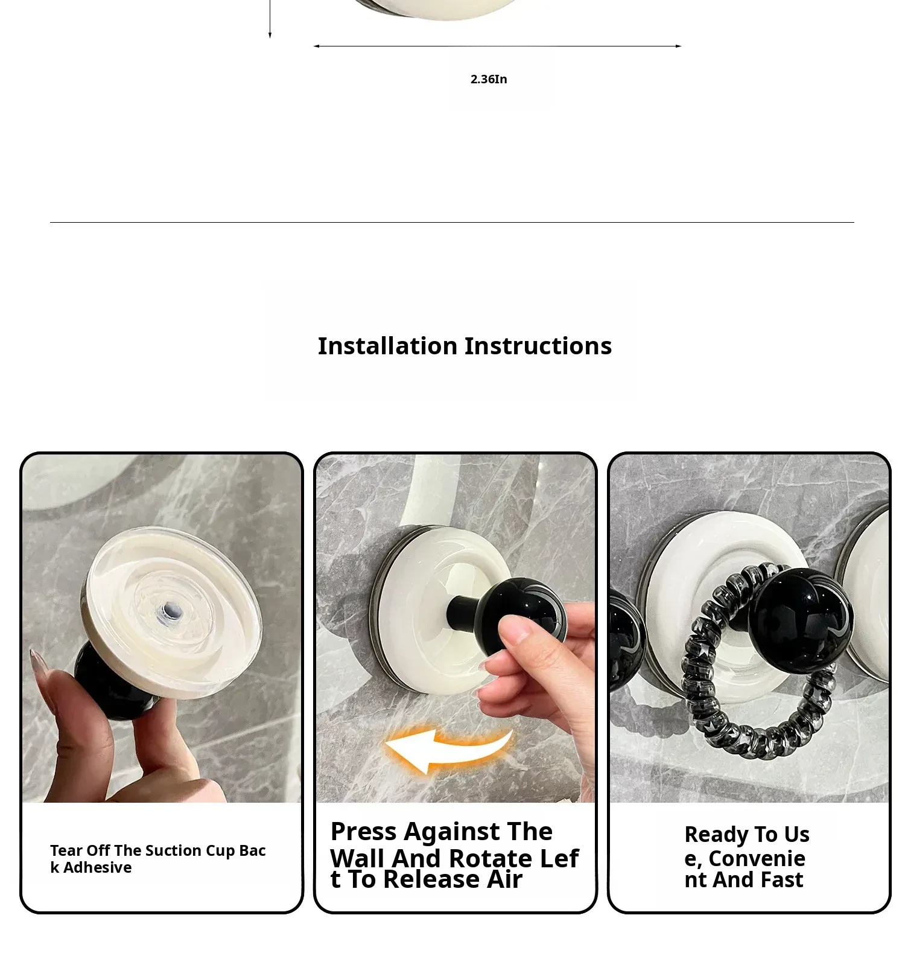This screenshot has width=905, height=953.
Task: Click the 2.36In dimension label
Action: (x=489, y=79)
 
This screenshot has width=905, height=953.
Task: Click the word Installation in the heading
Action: (x=387, y=346)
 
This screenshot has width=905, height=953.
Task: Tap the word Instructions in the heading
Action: (x=538, y=346)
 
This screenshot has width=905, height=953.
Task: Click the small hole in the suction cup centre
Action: (x=170, y=612)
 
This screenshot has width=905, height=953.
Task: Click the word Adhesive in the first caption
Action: (x=97, y=867)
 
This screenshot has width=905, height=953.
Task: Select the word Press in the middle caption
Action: (x=364, y=832)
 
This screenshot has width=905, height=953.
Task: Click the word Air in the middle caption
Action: (x=505, y=879)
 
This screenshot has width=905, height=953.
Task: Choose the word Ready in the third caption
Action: (x=717, y=835)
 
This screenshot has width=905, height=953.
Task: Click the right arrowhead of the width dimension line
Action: (x=679, y=46)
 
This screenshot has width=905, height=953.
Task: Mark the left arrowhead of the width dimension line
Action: (x=316, y=46)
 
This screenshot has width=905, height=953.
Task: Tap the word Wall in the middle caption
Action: (x=357, y=858)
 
